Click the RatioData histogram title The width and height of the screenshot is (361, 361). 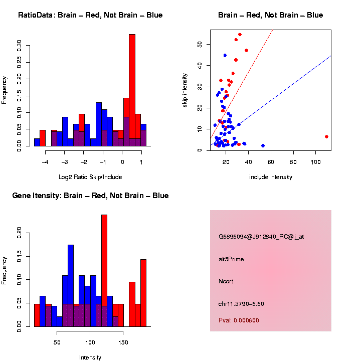pos(90,15)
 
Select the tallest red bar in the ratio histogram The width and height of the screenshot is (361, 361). pos(132,90)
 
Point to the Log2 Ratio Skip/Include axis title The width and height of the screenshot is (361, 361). pos(90,176)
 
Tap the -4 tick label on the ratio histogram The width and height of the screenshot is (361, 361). pos(45,162)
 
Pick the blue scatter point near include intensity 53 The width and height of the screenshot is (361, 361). pos(263,145)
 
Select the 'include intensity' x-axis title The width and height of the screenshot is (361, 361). pos(271,176)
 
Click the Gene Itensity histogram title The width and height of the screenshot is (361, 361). pos(90,196)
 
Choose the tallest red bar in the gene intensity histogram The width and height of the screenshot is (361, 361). pos(104,271)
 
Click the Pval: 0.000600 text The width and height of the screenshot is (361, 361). pos(239,320)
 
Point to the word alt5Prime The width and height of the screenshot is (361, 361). pos(231,259)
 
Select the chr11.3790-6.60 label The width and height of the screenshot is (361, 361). pos(241,304)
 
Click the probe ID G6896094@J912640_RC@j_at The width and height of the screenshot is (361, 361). pos(261,237)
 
